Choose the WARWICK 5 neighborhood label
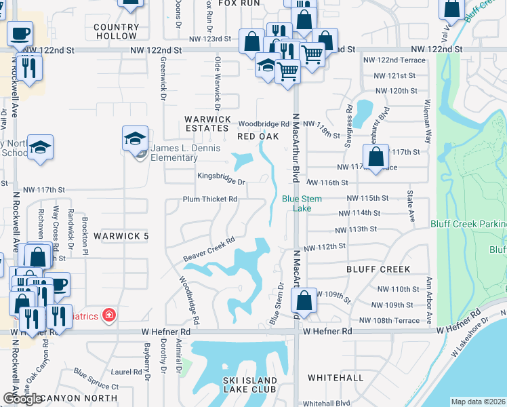click(121, 236)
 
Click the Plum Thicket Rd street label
click(210, 199)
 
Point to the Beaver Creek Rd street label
click(209, 249)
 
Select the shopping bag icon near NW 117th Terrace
click(376, 157)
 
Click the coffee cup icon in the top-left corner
click(20, 33)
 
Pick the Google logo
click(22, 399)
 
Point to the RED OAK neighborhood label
click(258, 136)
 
